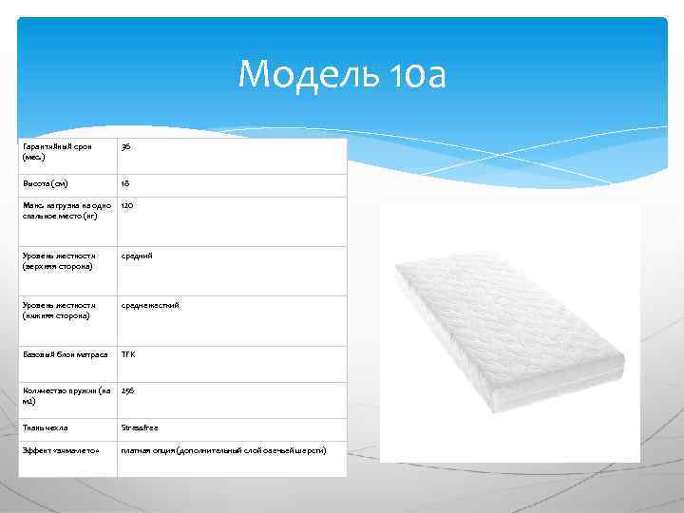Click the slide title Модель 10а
pyautogui.click(x=341, y=73)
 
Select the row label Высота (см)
pyautogui.click(x=46, y=183)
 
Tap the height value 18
pyautogui.click(x=125, y=183)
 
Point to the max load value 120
pyautogui.click(x=127, y=205)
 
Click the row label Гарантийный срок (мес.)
pyautogui.click(x=57, y=152)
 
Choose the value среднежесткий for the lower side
pyautogui.click(x=150, y=305)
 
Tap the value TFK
pyautogui.click(x=128, y=354)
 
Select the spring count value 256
pyautogui.click(x=128, y=390)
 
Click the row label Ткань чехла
pyautogui.click(x=45, y=428)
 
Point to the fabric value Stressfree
pyautogui.click(x=140, y=428)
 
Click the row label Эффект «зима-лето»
pyautogui.click(x=62, y=449)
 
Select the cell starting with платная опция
pyautogui.click(x=223, y=449)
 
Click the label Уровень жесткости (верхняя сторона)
pyautogui.click(x=59, y=260)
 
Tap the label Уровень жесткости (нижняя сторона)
pyautogui.click(x=59, y=310)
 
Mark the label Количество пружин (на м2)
pyautogui.click(x=66, y=395)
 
